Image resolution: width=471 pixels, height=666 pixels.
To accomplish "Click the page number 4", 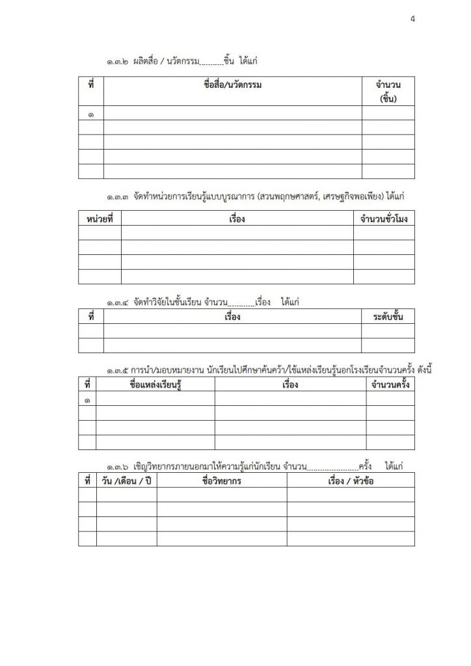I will [412, 19].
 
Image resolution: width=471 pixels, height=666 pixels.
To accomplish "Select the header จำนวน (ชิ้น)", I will [388, 92].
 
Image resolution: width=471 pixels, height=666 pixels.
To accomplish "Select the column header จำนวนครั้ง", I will [390, 385].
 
